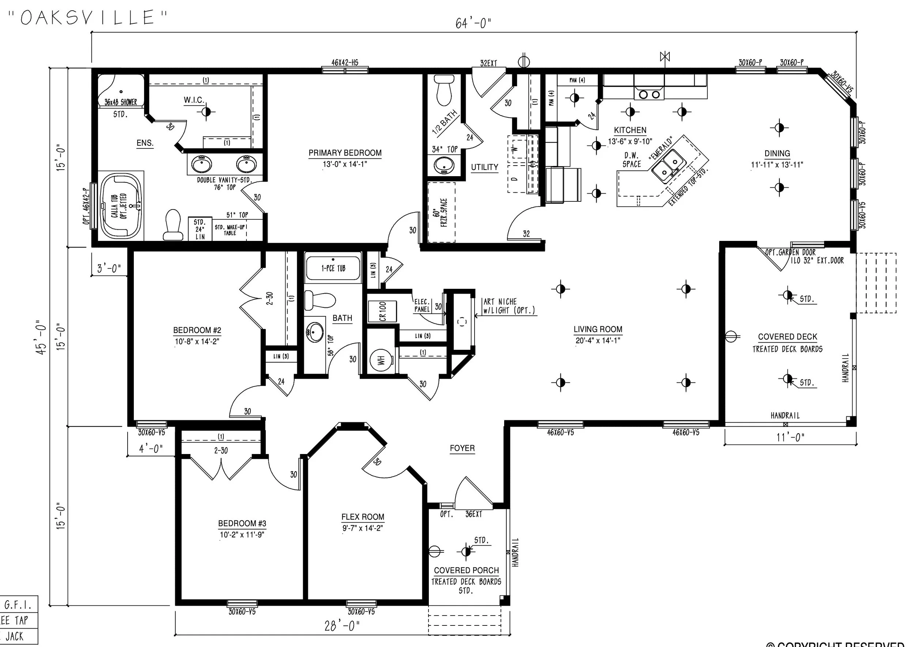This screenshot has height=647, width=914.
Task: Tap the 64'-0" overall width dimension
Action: click(x=473, y=23)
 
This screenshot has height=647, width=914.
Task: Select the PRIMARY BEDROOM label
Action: click(x=345, y=153)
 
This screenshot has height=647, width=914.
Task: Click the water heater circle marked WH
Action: click(x=381, y=360)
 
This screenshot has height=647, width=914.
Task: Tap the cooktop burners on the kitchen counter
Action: click(x=649, y=94)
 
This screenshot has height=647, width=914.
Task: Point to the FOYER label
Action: click(x=462, y=448)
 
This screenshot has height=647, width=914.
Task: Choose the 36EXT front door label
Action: click(x=473, y=514)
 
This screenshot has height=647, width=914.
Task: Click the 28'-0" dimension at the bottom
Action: click(x=342, y=626)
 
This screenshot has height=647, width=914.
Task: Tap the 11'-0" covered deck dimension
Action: click(x=790, y=438)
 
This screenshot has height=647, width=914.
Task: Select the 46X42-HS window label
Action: click(x=345, y=63)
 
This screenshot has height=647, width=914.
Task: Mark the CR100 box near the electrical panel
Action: click(x=382, y=311)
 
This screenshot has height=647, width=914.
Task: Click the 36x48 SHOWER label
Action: click(x=121, y=102)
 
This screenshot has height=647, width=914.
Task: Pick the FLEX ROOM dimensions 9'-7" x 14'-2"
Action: click(x=363, y=528)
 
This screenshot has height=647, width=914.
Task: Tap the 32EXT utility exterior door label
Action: click(x=488, y=63)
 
